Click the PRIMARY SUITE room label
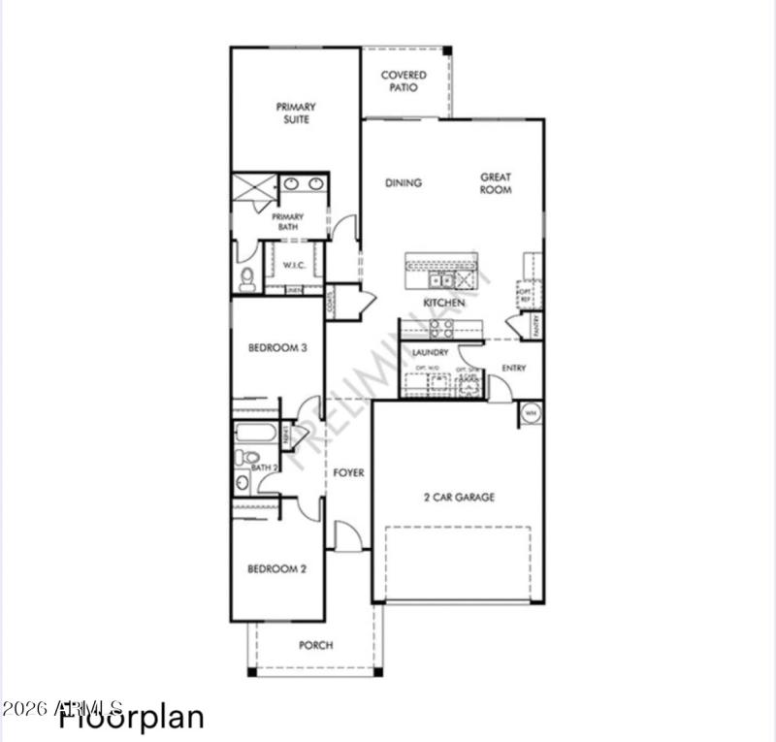(x=296, y=113)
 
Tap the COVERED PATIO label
(x=399, y=81)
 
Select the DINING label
(x=404, y=182)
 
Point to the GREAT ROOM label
(x=496, y=183)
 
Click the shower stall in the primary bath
(x=254, y=185)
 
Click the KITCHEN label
(x=443, y=303)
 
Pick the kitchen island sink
(x=440, y=280)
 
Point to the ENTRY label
(x=514, y=369)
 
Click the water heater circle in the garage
(x=531, y=413)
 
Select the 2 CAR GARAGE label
(x=459, y=498)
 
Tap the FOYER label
(x=349, y=473)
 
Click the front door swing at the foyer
(x=346, y=536)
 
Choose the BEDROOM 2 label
(x=276, y=569)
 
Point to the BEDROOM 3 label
(x=277, y=348)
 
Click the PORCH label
(x=316, y=645)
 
